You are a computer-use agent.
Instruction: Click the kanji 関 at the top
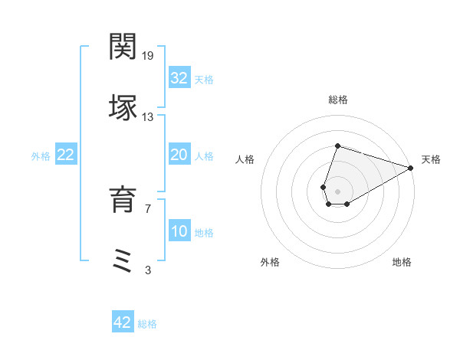coord(123,47)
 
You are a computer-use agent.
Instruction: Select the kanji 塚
coord(123,108)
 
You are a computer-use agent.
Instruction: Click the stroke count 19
coord(149,56)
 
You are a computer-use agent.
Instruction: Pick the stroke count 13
coord(148,117)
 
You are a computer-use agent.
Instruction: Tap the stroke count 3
coord(147,270)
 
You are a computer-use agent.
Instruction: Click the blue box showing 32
coord(179,78)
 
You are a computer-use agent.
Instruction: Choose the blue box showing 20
coord(179,155)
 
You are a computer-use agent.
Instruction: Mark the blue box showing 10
coord(179,231)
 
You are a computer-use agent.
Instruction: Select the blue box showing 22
coord(66,155)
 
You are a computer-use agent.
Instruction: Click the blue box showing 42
coord(123,322)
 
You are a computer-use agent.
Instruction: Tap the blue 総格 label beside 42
coord(147,324)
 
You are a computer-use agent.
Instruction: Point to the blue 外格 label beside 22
coord(41,156)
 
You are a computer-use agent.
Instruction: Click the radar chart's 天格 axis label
coord(431,159)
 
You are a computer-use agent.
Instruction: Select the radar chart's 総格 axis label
coord(337,100)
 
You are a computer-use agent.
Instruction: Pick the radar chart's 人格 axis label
coord(245,159)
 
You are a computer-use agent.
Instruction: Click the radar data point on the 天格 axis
coord(410,167)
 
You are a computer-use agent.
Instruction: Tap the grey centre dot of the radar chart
coord(337,190)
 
